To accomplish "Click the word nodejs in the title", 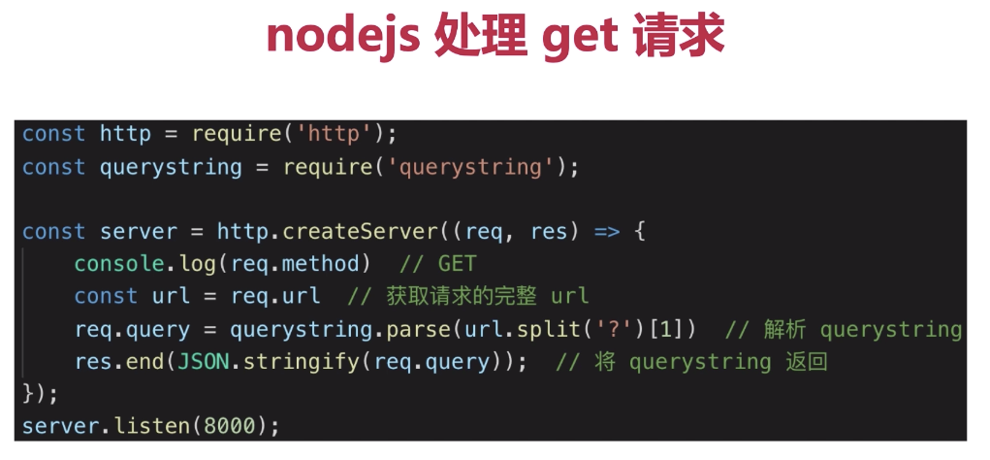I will [x=341, y=37].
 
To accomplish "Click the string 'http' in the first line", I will [x=333, y=133].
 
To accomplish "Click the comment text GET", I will [x=458, y=264].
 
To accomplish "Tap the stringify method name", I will [x=295, y=362].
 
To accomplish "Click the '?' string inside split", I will [x=607, y=329].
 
